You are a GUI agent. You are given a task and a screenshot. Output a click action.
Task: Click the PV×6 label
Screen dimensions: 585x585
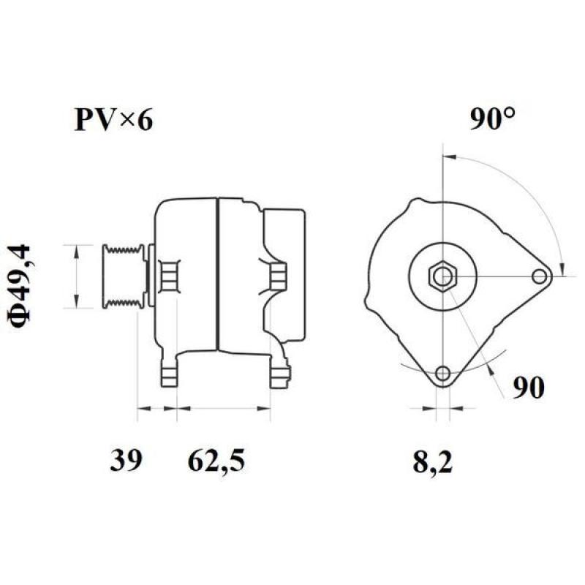pyautogui.click(x=113, y=120)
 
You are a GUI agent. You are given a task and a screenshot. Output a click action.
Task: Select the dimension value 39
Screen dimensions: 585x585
pyautogui.click(x=126, y=460)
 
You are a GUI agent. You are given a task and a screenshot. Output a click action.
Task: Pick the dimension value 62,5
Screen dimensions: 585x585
pyautogui.click(x=216, y=460)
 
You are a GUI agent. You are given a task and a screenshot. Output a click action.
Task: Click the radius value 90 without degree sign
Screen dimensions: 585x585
pyautogui.click(x=528, y=388)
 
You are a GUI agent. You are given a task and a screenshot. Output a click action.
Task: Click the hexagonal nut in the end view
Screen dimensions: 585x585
pyautogui.click(x=443, y=276)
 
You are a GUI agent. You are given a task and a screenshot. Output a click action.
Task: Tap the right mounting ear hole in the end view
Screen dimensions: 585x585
pyautogui.click(x=540, y=276)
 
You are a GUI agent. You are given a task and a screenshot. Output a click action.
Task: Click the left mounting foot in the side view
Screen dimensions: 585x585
pyautogui.click(x=170, y=372)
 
